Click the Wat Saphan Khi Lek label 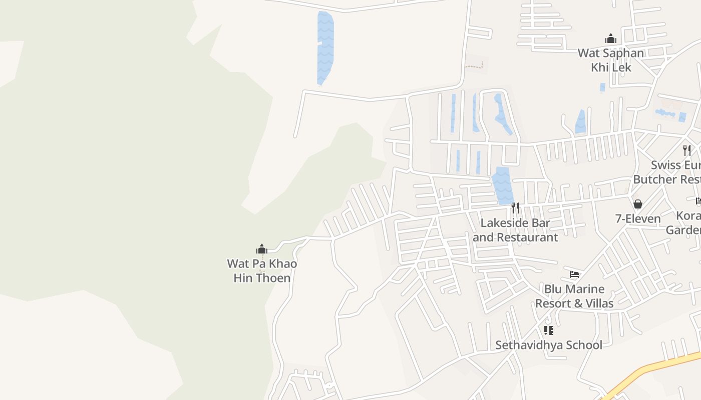[x=611, y=60]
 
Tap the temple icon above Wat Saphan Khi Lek [x=610, y=38]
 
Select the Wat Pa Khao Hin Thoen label [x=262, y=270]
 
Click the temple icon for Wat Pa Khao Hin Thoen [x=262, y=249]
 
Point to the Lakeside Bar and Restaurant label [x=515, y=230]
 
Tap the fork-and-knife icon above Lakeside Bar [x=515, y=207]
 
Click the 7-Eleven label [x=638, y=218]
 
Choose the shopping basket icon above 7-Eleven [x=638, y=204]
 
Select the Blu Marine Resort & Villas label [x=574, y=296]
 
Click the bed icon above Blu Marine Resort [x=574, y=274]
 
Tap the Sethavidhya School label [x=549, y=345]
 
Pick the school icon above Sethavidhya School [x=549, y=330]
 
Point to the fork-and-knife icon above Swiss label [x=687, y=150]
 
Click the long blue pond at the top [x=325, y=47]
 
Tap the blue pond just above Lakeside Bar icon [x=502, y=186]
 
